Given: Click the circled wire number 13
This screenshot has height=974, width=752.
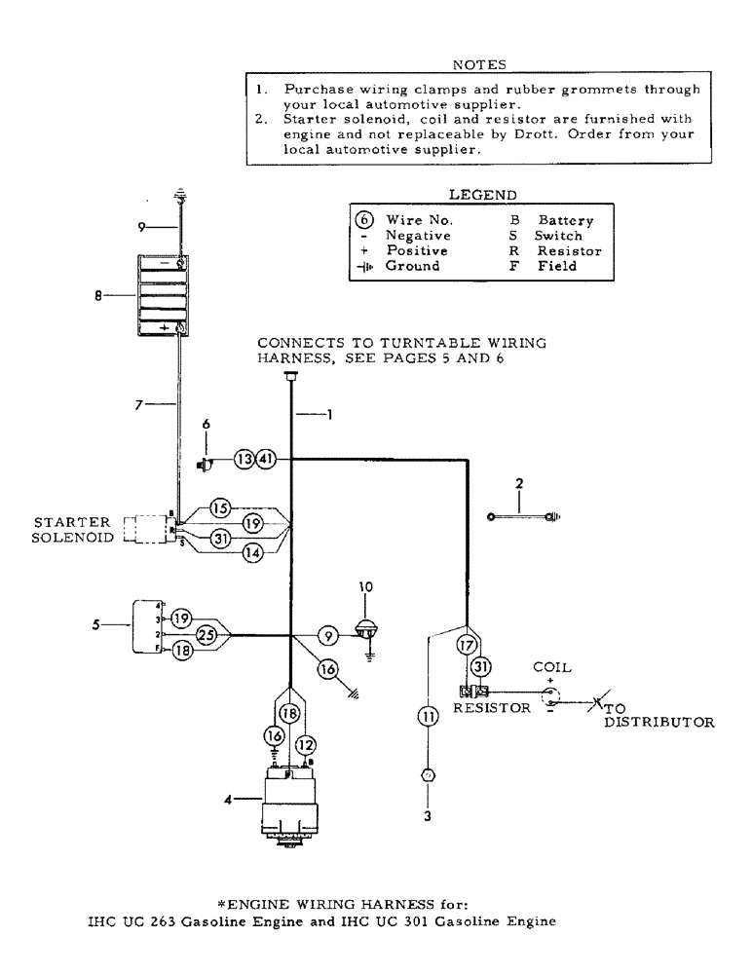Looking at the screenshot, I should click(244, 459).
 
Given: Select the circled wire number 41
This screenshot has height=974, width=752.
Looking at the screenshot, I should click(266, 459).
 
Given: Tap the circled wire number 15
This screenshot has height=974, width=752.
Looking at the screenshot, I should click(221, 507).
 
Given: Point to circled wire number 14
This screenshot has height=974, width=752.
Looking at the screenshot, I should click(225, 551).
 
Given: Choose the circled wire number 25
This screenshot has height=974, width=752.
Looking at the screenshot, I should click(207, 635).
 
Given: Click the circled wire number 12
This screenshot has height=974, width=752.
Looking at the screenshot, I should click(306, 744).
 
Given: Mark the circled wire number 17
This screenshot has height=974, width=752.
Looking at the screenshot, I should click(466, 644).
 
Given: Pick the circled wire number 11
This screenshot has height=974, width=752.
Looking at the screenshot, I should click(427, 718).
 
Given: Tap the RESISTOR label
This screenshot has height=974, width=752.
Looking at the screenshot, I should click(492, 709).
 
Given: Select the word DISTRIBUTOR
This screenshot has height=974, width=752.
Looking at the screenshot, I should click(659, 723).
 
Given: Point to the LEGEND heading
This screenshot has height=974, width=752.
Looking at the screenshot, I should click(482, 195).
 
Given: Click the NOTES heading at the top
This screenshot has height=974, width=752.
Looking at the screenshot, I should click(480, 65).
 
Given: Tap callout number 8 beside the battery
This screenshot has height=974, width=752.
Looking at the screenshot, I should click(98, 293).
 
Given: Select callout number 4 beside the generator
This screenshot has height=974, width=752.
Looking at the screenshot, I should click(229, 801).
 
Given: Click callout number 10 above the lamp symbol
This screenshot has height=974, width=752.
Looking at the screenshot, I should click(367, 587).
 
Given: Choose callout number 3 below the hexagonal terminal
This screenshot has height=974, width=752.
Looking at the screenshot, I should click(427, 816).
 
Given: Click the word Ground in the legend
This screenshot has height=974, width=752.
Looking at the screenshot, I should click(412, 266).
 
